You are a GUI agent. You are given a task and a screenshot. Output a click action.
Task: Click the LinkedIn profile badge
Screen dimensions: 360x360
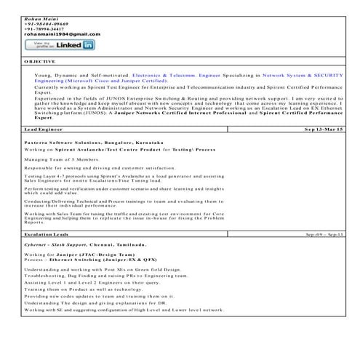60,45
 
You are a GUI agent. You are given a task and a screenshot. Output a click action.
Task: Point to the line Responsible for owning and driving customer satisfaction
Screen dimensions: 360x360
97,167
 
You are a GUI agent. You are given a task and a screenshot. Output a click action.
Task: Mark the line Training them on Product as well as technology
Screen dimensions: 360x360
89,289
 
